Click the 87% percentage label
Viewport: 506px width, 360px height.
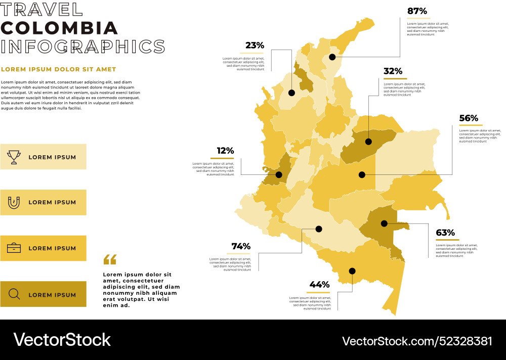pos(417,11)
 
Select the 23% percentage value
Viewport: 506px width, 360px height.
pos(255,46)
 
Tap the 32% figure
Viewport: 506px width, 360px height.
pos(393,71)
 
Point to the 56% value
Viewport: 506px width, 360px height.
pos(469,118)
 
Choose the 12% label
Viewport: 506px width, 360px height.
pos(225,151)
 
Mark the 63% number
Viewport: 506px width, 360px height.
pos(445,233)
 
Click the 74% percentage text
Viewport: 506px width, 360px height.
pos(241,246)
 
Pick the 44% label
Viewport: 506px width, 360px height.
pos(319,285)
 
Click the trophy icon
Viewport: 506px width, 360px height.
pos(14,157)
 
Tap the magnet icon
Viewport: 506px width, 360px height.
pos(14,202)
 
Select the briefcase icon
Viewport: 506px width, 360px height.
pos(14,248)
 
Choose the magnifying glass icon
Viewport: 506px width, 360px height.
pos(14,294)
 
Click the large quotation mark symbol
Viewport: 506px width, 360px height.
pos(110,259)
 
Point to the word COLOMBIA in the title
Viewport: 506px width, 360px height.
pos(59,28)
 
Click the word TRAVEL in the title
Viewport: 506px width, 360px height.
pos(41,9)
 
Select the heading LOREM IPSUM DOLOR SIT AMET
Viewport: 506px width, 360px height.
pos(59,69)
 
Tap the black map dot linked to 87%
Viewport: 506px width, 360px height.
pos(332,57)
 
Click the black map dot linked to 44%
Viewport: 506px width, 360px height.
pos(352,271)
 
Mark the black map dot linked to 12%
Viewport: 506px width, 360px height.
pos(279,175)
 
